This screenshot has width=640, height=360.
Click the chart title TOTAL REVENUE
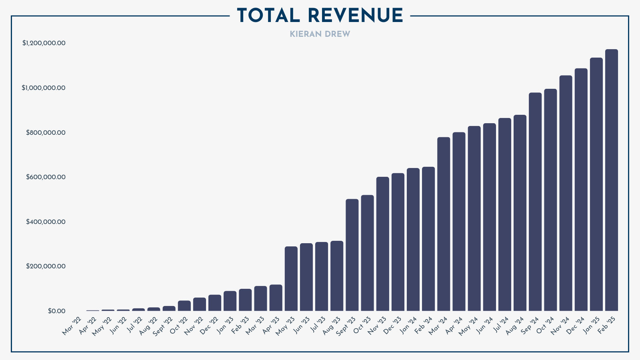coord(320,16)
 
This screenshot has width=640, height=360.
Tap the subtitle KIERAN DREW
coord(320,34)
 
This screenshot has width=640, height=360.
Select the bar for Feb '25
coord(611,180)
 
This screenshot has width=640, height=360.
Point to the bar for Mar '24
coord(444,224)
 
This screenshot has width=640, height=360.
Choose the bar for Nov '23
coord(383,244)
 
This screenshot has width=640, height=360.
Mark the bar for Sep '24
coord(535,202)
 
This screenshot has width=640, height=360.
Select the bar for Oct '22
coord(184,306)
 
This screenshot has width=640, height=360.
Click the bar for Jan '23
coord(230,301)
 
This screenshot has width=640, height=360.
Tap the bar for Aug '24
coord(520,213)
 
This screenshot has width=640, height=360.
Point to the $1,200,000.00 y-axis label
coord(44,43)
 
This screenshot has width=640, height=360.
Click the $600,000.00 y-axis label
coord(46,177)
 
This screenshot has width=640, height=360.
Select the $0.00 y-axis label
coord(56,311)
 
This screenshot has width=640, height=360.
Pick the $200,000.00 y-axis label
coord(46,266)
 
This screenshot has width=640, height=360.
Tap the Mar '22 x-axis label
coord(72,326)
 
